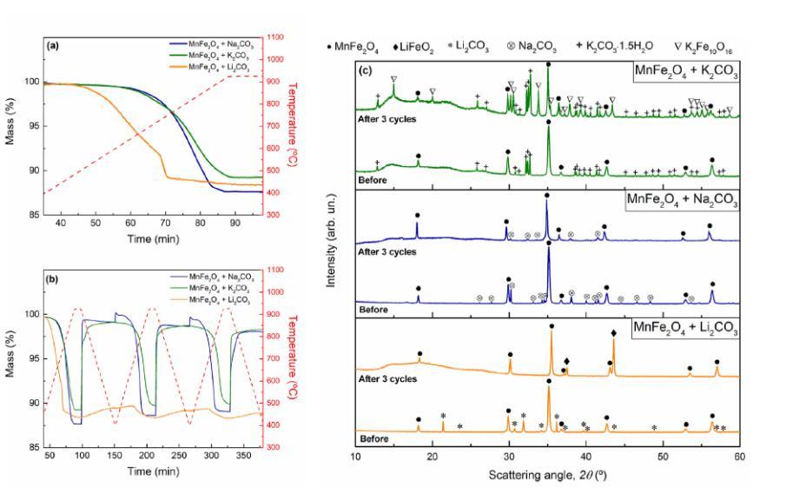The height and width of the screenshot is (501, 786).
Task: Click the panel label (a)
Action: [55, 43]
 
